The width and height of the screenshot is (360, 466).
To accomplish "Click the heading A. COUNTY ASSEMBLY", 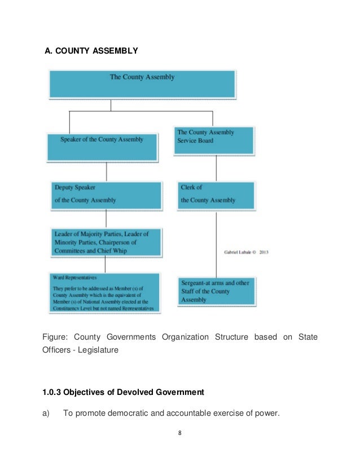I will (91, 51).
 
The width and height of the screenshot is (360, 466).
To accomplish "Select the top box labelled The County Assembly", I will (142, 83).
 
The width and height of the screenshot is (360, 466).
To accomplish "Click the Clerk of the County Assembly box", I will (216, 195).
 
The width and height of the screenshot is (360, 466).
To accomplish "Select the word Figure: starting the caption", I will (55, 337).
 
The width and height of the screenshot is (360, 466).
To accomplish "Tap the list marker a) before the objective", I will (47, 413).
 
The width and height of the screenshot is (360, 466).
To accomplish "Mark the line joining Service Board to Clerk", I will (216, 168).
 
